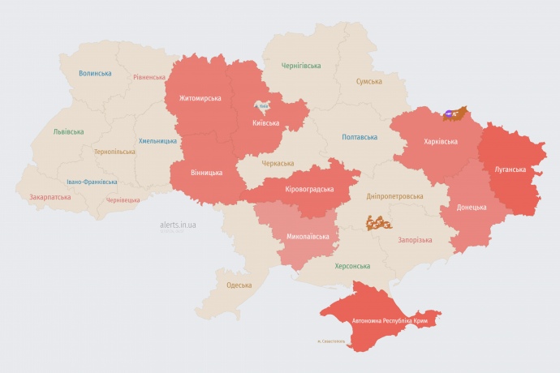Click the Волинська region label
(95, 73)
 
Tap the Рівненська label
(149, 78)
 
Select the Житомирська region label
(194, 98)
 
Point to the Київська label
(266, 123)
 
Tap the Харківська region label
(441, 141)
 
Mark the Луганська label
(510, 169)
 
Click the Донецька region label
(472, 207)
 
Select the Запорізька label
(415, 240)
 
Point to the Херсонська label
(352, 266)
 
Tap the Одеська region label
(239, 285)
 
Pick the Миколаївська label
(308, 237)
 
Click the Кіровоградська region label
(310, 189)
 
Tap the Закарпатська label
(50, 197)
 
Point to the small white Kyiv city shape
(262, 105)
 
